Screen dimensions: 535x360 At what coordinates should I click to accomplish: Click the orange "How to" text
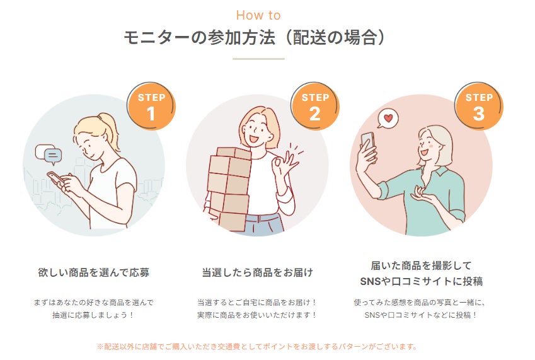[258, 15]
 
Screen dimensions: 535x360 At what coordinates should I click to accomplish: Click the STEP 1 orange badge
[151, 106]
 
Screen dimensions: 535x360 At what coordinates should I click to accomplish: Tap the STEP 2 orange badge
[315, 106]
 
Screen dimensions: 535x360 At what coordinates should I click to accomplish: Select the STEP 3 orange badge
[479, 106]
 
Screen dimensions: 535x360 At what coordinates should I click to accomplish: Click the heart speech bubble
[388, 118]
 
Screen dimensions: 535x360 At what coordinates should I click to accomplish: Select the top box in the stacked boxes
[234, 153]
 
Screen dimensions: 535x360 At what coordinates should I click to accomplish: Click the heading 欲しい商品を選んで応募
[93, 272]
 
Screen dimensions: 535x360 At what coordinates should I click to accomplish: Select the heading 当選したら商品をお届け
[257, 272]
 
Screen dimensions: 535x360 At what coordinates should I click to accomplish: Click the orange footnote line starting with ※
[257, 347]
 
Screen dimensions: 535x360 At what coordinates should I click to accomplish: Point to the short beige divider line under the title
[258, 59]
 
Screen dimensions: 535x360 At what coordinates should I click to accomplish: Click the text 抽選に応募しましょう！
[93, 315]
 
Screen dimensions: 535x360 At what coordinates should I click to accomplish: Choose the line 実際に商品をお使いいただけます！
[257, 315]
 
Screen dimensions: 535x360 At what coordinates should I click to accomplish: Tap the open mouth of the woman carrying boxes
[253, 139]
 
